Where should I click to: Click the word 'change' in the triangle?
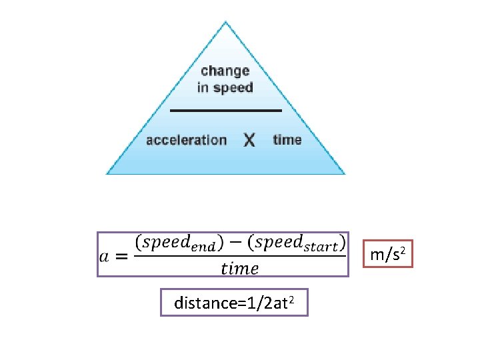pyautogui.click(x=225, y=71)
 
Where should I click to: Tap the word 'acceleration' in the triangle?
pyautogui.click(x=186, y=140)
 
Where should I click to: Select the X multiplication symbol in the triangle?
pyautogui.click(x=249, y=141)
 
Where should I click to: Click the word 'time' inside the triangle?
pyautogui.click(x=287, y=140)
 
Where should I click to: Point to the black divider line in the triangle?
pyautogui.click(x=226, y=110)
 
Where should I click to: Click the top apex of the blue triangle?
pyautogui.click(x=226, y=22)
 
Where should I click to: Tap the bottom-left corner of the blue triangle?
pyautogui.click(x=108, y=173)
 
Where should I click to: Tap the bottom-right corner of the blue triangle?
pyautogui.click(x=344, y=173)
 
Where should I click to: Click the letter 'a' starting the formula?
pyautogui.click(x=104, y=255)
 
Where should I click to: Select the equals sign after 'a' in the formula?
pyautogui.click(x=121, y=255)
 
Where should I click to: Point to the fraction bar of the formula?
pyautogui.click(x=240, y=255)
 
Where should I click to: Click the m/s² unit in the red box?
pyautogui.click(x=391, y=253)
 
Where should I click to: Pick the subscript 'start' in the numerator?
pyautogui.click(x=318, y=247)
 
